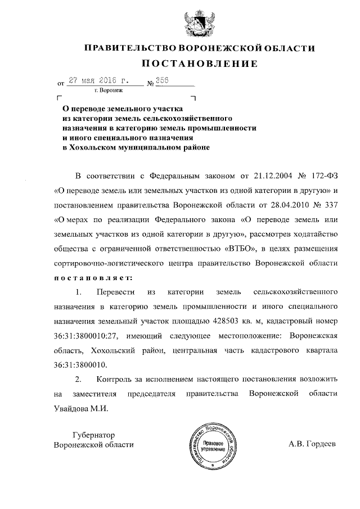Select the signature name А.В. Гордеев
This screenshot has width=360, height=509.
pyautogui.click(x=312, y=444)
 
